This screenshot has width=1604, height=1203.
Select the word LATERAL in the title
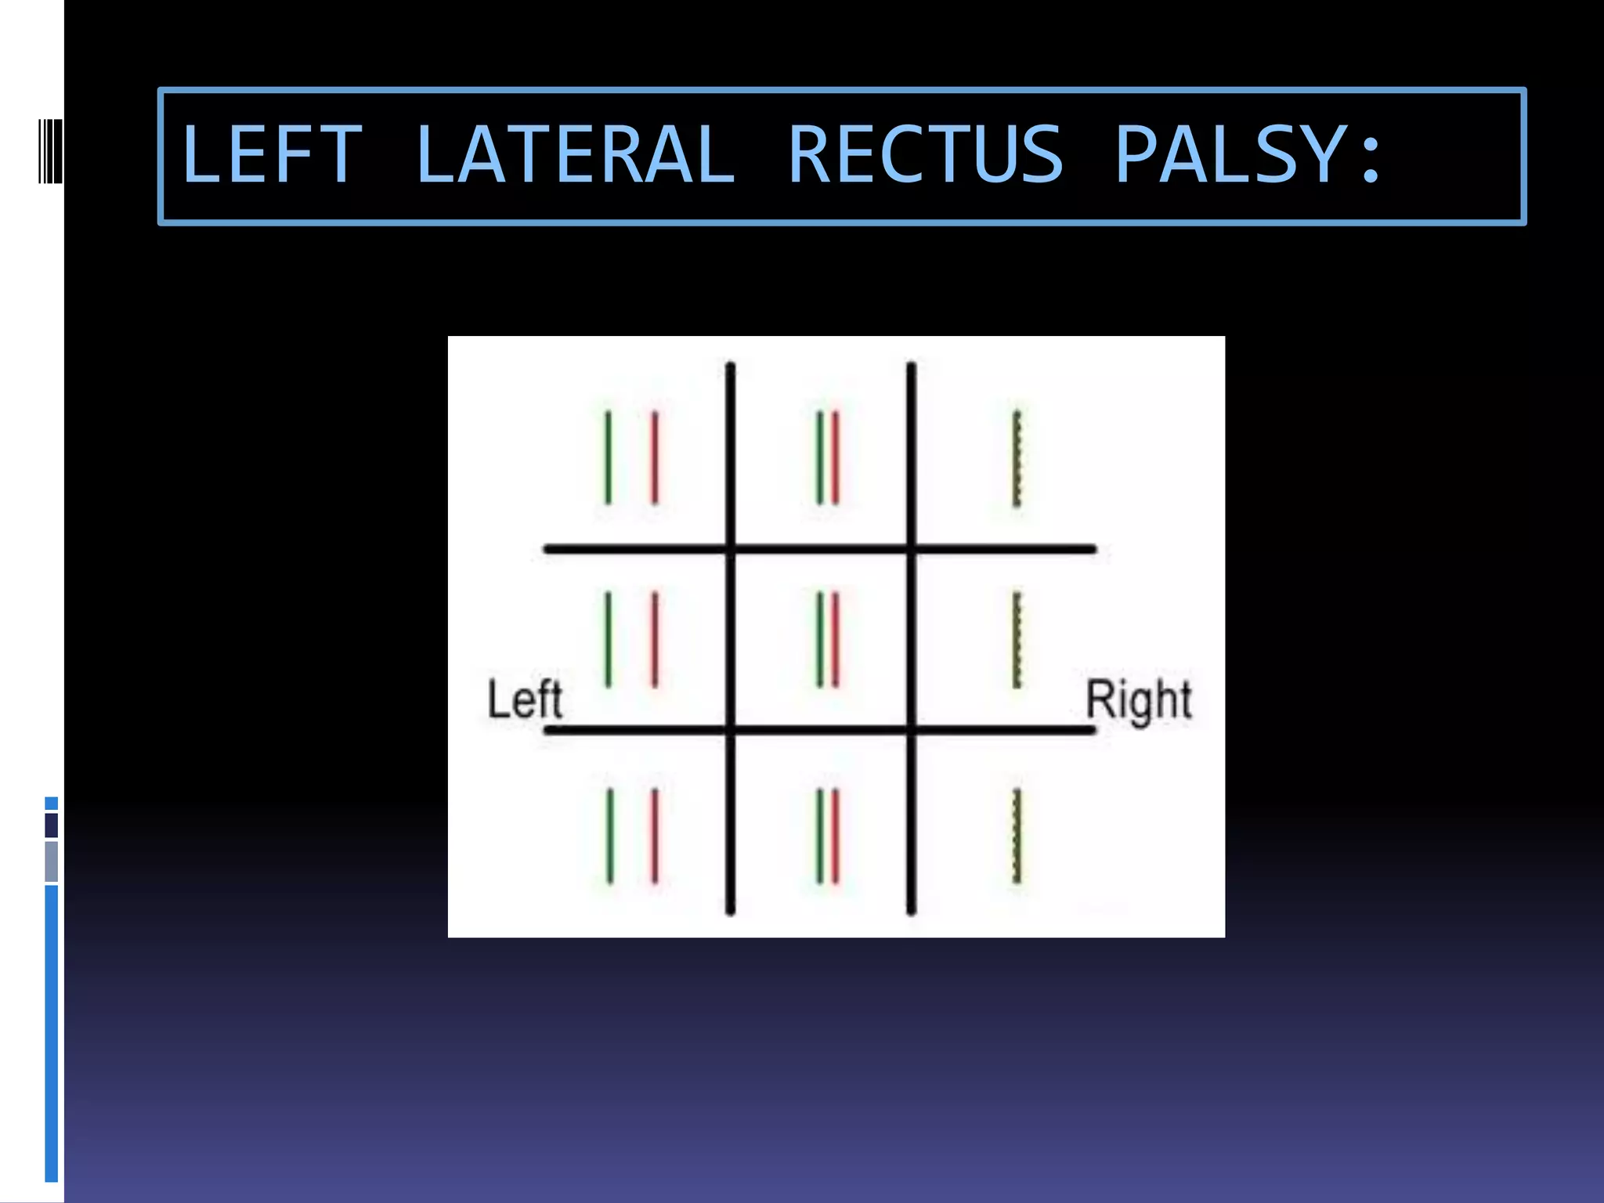click(575, 155)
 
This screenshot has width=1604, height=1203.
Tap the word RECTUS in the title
click(925, 155)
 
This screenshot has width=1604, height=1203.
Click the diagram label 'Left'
click(524, 699)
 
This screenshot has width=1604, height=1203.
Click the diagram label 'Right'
click(1138, 700)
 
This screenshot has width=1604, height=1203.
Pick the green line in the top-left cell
click(608, 457)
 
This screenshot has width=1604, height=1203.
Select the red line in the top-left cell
click(655, 457)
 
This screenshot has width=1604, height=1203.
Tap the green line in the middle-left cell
click(608, 640)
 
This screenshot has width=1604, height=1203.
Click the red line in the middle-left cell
click(655, 640)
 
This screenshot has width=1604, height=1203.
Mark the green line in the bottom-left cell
click(610, 836)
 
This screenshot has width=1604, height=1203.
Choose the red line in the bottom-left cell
click(655, 836)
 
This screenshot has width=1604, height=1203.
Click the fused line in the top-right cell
click(1017, 459)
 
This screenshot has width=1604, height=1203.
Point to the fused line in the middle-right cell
click(1017, 641)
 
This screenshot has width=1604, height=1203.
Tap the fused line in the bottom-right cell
click(1017, 836)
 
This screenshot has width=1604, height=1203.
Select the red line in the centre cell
click(836, 641)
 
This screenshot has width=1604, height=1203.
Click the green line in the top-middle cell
click(819, 458)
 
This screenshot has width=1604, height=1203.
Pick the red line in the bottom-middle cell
click(836, 836)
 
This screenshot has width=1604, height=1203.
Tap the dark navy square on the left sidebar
click(52, 825)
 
